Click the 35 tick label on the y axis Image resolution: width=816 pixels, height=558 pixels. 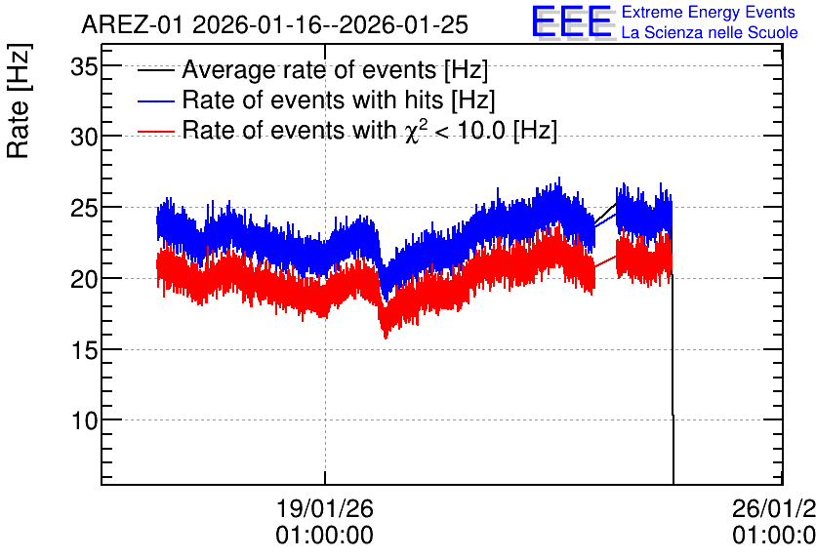(84, 66)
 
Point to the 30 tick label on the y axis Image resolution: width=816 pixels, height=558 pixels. (84, 138)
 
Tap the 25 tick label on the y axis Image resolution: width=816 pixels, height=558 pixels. (84, 208)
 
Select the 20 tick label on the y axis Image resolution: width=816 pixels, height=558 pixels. (84, 279)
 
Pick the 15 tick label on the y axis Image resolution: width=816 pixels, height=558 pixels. (84, 350)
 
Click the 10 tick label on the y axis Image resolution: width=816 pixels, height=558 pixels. (84, 420)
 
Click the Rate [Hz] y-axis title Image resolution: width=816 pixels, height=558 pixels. (19, 100)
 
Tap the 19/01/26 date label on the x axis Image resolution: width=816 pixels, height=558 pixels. (325, 508)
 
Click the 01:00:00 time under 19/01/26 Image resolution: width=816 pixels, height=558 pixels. (325, 536)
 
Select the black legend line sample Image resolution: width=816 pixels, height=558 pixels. (155, 70)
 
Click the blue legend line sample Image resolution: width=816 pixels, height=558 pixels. (155, 100)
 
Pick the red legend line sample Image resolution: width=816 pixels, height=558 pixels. (155, 132)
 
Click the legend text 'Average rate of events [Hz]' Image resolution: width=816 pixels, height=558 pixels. (335, 69)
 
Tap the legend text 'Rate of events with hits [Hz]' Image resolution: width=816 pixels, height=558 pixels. (339, 100)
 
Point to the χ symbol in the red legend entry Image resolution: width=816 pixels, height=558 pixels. (411, 133)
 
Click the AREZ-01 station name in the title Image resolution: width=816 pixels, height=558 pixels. (132, 24)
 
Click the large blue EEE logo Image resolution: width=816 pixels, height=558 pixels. (573, 21)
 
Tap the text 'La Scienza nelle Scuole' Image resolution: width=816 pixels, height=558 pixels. (710, 32)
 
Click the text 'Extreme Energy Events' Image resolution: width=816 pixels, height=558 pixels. (709, 12)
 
